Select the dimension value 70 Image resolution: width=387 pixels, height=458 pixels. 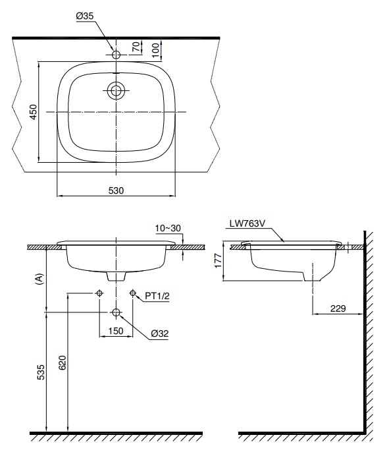[136, 47]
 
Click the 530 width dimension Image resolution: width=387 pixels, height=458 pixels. [116, 190]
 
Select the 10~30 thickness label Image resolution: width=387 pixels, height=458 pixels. [168, 227]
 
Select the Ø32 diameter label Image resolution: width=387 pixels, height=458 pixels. [160, 333]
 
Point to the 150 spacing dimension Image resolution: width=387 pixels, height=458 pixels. [116, 331]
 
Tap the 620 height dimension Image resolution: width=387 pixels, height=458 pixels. [63, 364]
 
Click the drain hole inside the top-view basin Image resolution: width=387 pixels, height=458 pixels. [116, 90]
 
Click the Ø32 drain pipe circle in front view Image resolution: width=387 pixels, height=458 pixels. [116, 312]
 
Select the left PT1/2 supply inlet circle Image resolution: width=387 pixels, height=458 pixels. [99, 293]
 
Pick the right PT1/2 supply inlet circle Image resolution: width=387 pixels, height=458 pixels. [133, 293]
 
